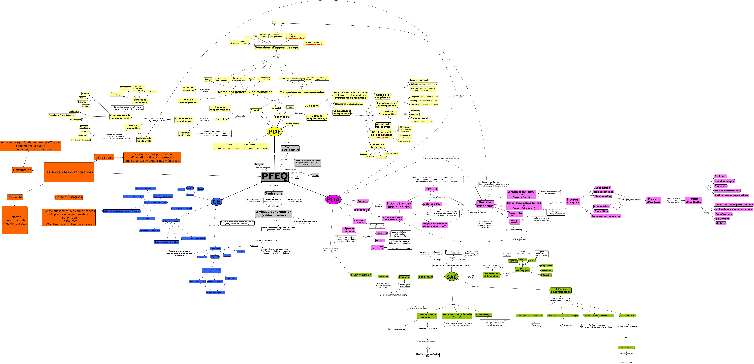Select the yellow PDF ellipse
pos(275,131)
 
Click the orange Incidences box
pos(104,157)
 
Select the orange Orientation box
pos(22,170)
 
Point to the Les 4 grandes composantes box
pos(69,172)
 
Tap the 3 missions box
pos(274,193)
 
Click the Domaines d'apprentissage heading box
pos(276,47)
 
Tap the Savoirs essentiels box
pos(485,204)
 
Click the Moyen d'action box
pos(653,200)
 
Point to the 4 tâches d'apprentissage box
pos(561,291)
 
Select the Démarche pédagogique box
pos(491,275)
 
